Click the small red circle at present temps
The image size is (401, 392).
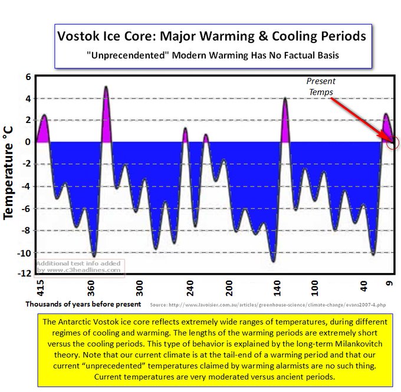[394, 142]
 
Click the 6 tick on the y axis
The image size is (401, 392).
[27, 77]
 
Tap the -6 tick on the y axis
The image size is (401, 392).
[25, 208]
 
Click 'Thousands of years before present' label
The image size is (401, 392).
[83, 304]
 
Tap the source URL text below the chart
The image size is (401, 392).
[268, 305]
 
